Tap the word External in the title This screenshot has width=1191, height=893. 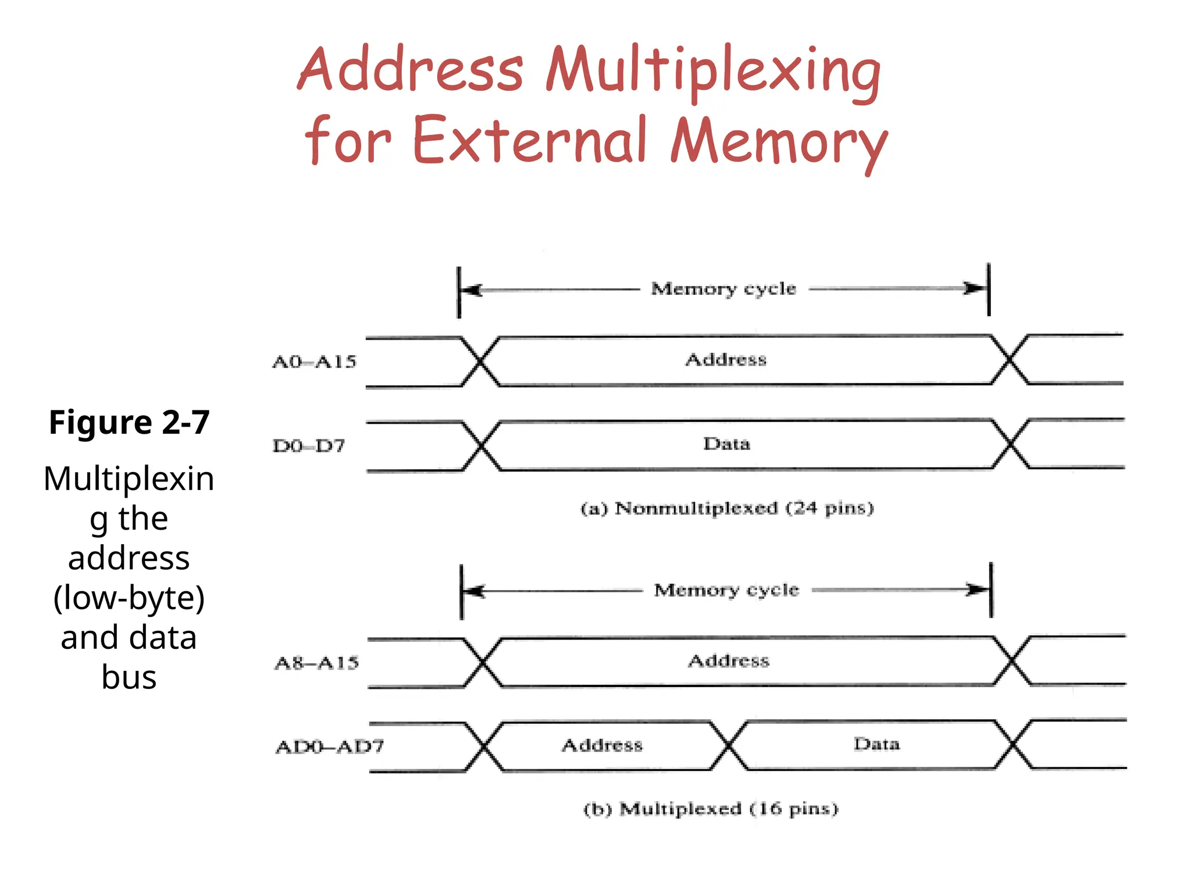(529, 140)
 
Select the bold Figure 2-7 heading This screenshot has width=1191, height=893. (129, 422)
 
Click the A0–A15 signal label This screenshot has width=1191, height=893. (314, 362)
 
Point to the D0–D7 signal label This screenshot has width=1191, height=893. (309, 446)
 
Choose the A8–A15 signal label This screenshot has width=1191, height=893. (316, 663)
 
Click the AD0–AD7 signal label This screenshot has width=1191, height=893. (330, 746)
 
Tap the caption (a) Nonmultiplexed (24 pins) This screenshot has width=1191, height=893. (727, 509)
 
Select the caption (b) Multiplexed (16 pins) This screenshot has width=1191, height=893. (711, 809)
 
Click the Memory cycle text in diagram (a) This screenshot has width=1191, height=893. (723, 289)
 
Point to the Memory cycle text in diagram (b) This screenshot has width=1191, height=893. (726, 590)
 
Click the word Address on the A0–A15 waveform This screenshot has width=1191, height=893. (726, 360)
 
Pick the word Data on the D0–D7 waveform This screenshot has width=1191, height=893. (726, 444)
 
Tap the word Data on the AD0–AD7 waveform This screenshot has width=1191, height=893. (876, 744)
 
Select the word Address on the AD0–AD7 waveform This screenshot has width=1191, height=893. (602, 745)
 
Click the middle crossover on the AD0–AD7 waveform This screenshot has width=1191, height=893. (728, 745)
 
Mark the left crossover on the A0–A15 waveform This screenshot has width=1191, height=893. (480, 362)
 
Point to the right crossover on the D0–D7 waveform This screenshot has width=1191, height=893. (1011, 444)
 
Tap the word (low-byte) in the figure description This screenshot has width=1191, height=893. (129, 598)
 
